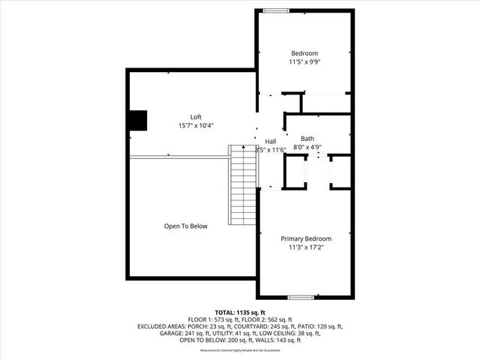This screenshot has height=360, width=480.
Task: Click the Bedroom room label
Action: pos(304,53)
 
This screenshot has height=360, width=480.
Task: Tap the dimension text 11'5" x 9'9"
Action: pos(304,62)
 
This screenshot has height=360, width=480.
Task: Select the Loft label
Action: pos(196,116)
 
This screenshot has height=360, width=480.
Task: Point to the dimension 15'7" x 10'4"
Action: pos(196,125)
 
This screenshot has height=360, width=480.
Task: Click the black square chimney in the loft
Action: pos(136,121)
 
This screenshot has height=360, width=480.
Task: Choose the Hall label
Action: pos(271,141)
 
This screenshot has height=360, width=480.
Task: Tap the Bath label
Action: pos(307,139)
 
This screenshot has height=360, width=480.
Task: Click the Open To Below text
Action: pos(186,226)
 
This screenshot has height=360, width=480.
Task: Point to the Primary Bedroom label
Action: pos(306,238)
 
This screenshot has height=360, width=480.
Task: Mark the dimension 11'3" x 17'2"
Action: pos(306,247)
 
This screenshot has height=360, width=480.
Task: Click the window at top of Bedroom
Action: pos(275,10)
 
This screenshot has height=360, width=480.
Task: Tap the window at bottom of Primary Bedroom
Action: pos(300,298)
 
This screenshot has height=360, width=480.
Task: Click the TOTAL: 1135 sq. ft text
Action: pos(240,312)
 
